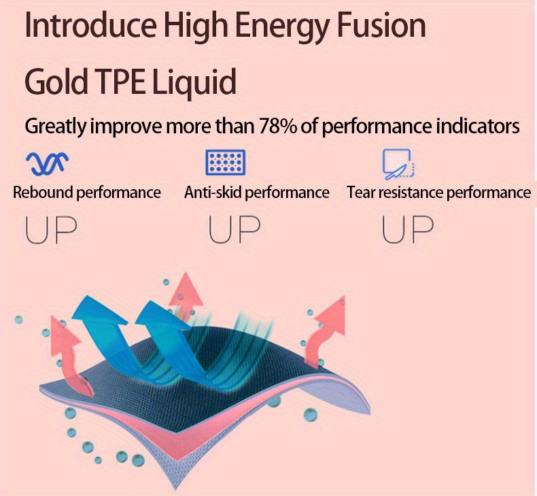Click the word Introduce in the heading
[91, 25]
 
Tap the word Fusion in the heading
[381, 25]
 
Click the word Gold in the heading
[56, 82]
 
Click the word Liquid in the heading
[194, 83]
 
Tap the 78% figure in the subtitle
[278, 126]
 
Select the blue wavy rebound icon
[48, 163]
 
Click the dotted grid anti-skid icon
[226, 162]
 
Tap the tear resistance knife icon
[398, 164]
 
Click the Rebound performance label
[86, 193]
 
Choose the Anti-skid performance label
[256, 193]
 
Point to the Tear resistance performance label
[438, 193]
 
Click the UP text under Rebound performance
[52, 230]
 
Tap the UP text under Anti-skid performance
[235, 230]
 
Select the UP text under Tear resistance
[408, 230]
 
